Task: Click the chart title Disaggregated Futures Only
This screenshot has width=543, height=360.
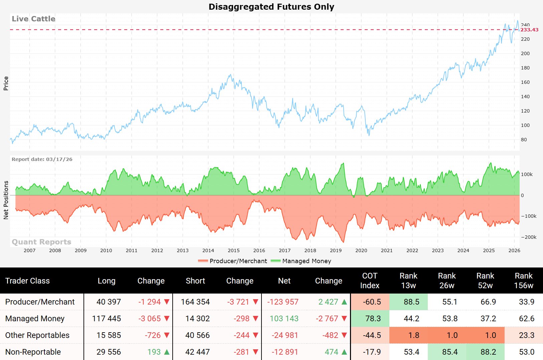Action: click(x=271, y=7)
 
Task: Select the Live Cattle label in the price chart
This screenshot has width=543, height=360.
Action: click(x=33, y=19)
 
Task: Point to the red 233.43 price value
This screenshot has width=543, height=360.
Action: click(x=529, y=30)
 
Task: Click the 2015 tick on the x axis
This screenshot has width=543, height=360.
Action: click(x=233, y=250)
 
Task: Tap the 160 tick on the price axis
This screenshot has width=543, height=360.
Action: click(x=525, y=82)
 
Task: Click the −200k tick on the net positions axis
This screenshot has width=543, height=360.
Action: click(x=529, y=237)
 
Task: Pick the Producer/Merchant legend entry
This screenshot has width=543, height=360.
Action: click(x=238, y=261)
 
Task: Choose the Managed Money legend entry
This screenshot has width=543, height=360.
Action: click(x=306, y=261)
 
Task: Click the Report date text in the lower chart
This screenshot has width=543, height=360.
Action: click(x=42, y=159)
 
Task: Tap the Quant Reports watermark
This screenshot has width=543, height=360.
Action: click(x=41, y=242)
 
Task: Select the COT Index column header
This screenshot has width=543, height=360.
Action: click(x=370, y=281)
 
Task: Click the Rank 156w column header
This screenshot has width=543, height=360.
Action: click(x=524, y=281)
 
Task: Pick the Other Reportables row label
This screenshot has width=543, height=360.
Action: click(x=37, y=335)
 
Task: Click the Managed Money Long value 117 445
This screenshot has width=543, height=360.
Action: click(x=107, y=319)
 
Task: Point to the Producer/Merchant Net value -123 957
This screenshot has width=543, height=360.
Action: click(x=283, y=302)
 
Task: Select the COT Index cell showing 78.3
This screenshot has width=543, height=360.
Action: click(x=373, y=319)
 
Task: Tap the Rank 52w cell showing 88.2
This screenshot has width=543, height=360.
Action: click(x=488, y=352)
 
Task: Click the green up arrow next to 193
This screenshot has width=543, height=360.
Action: click(x=167, y=352)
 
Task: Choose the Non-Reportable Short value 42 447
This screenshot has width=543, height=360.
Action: click(x=197, y=352)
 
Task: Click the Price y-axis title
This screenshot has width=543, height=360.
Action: click(x=6, y=83)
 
